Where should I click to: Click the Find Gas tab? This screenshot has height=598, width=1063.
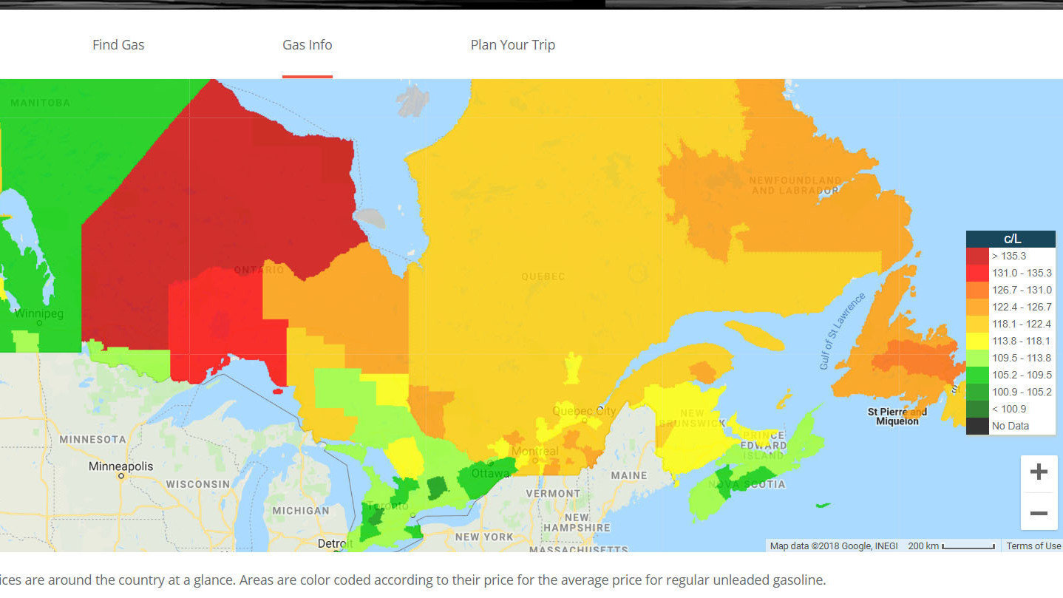point(118,45)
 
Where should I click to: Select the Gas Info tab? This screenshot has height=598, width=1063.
point(308,45)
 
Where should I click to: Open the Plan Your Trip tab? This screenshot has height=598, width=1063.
point(512,45)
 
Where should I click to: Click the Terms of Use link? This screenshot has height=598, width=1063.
point(1033,546)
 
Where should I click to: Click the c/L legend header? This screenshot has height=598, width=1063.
point(1011,239)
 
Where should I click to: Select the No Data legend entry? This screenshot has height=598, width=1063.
point(1011,426)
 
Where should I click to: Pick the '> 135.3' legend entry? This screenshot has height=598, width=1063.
point(1011,256)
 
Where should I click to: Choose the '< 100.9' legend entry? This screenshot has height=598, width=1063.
point(1011,409)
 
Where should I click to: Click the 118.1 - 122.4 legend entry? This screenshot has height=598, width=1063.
point(1011,324)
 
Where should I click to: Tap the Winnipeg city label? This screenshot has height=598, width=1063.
point(39,314)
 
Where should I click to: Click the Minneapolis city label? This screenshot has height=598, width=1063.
point(121,466)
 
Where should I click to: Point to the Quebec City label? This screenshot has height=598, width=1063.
point(584,411)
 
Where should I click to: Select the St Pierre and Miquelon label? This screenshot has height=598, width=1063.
point(897,416)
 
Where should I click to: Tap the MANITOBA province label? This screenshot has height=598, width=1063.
point(41,103)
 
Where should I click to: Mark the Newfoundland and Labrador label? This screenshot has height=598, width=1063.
point(795,185)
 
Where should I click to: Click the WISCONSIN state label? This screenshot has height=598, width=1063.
point(197,484)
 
